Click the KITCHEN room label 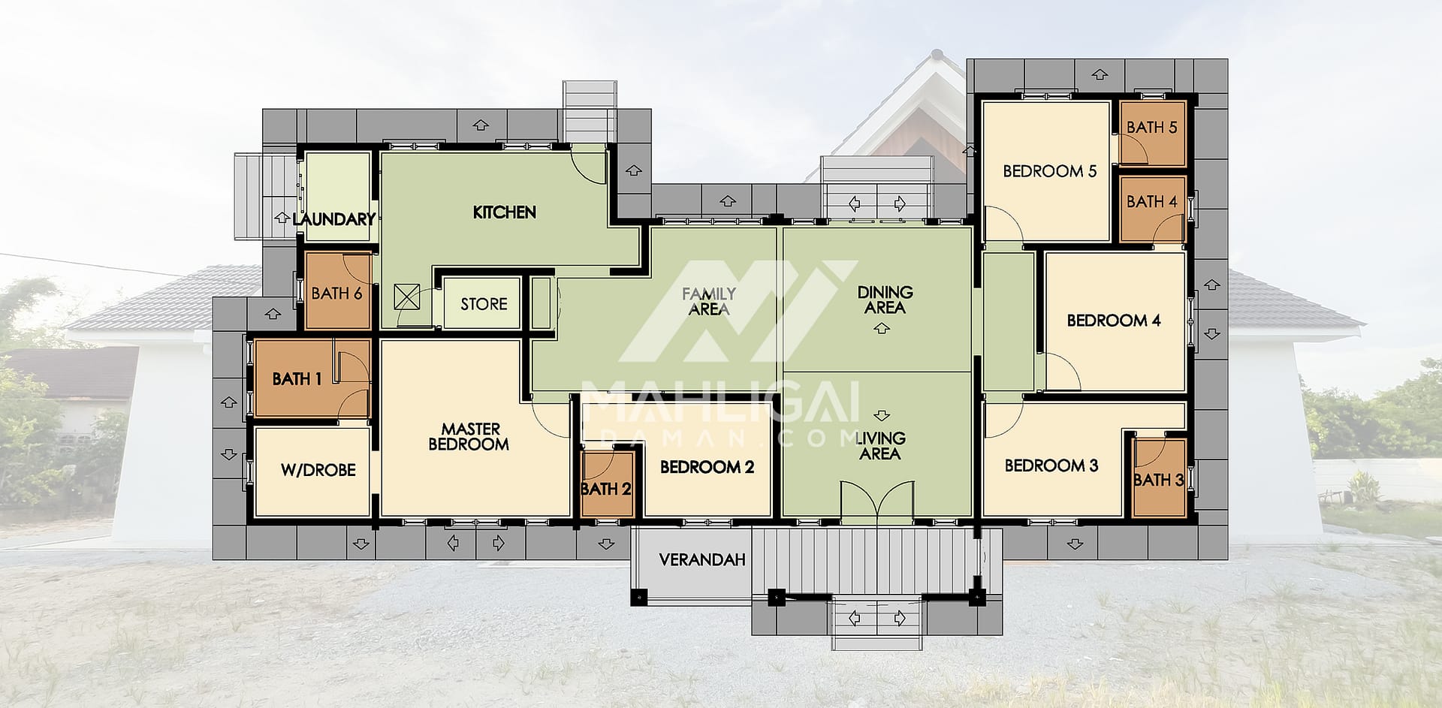coord(504,212)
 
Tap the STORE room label coord(484,304)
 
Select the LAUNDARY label coord(333,219)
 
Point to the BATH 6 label coord(337,293)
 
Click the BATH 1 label coord(297,379)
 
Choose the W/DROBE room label coord(318,470)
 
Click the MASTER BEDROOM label coord(469,436)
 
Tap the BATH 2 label coord(606,490)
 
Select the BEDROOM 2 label coord(707,467)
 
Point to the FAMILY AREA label coord(708,301)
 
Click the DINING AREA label coord(885,300)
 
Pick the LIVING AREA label coord(880,446)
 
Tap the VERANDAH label coord(702,560)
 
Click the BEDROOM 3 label coord(1051,465)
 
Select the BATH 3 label coord(1159,480)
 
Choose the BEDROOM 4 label coord(1114,321)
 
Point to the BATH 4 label coord(1152,201)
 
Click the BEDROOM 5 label coord(1050,171)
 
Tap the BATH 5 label coord(1152,127)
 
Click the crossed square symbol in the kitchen coord(407,297)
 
